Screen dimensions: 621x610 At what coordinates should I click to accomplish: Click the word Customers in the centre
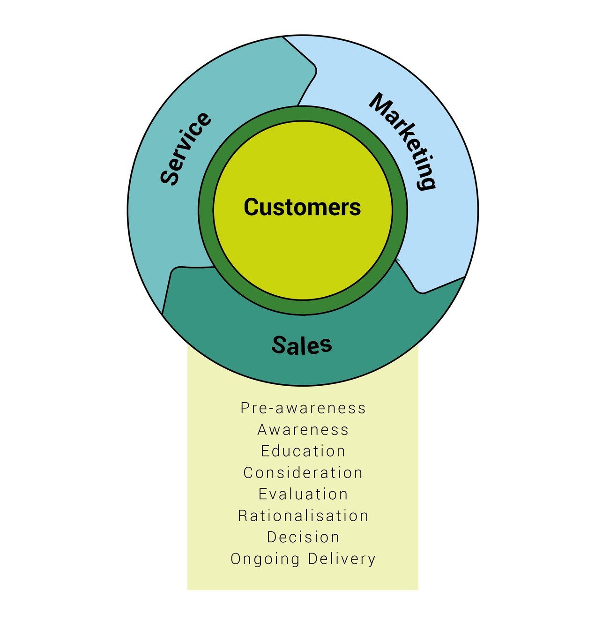[302, 207]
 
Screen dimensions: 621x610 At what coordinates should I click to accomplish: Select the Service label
[186, 149]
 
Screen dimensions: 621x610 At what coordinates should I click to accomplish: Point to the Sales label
[302, 345]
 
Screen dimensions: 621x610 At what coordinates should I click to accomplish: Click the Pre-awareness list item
[303, 408]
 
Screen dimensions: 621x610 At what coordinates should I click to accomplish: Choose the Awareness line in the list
[303, 429]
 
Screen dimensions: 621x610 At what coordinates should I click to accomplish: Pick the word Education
[303, 451]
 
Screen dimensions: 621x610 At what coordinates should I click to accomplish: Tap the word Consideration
[303, 472]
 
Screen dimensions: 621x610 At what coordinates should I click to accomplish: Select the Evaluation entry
[303, 494]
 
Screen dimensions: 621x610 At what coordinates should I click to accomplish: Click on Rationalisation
[303, 516]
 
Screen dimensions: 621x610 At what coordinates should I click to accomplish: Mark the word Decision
[303, 537]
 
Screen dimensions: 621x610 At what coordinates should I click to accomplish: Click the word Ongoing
[265, 559]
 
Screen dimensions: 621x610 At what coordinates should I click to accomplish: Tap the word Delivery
[342, 559]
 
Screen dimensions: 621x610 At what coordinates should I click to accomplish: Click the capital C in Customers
[252, 207]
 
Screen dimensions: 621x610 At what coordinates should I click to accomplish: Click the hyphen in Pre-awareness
[271, 409]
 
